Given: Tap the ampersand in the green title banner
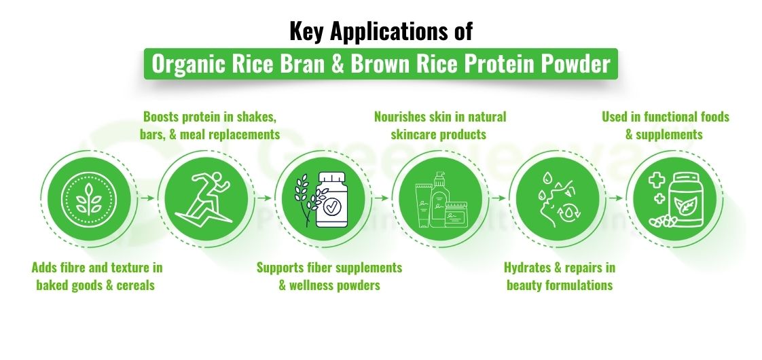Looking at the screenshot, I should coord(338,65).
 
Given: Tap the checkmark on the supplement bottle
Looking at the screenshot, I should coord(333,205).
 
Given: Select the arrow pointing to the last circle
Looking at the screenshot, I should coord(615,198).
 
